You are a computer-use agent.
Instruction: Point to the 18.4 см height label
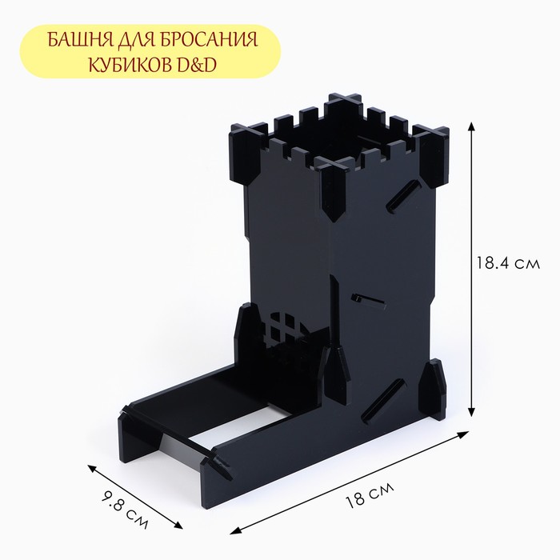(x=508, y=263)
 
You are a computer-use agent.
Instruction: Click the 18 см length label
(x=370, y=494)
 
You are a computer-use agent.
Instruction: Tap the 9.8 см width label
(x=126, y=509)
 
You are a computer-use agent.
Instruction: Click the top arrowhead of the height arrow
(x=472, y=126)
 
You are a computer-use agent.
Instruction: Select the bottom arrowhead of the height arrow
(x=472, y=411)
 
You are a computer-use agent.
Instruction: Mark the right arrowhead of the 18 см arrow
(x=463, y=434)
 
